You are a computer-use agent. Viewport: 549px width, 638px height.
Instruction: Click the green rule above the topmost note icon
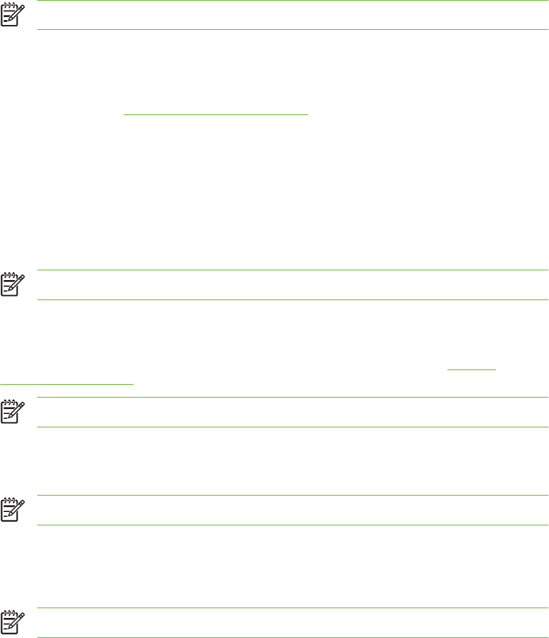coord(292,1)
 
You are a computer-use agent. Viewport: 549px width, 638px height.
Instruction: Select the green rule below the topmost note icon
coord(292,30)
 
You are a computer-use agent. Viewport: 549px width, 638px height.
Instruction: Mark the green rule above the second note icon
coord(292,270)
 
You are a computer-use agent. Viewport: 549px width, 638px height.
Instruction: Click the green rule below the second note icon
coord(292,300)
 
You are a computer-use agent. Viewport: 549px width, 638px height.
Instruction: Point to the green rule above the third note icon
coord(292,398)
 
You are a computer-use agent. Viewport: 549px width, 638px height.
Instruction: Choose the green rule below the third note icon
coord(292,427)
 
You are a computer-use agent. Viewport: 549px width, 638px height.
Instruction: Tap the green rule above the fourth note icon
coord(292,496)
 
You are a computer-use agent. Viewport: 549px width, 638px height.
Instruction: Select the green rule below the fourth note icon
coord(292,525)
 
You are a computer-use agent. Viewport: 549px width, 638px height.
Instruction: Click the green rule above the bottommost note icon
coord(292,608)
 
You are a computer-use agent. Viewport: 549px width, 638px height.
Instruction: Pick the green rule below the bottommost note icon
coord(292,637)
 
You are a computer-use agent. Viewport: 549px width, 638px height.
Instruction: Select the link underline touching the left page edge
coord(67,384)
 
